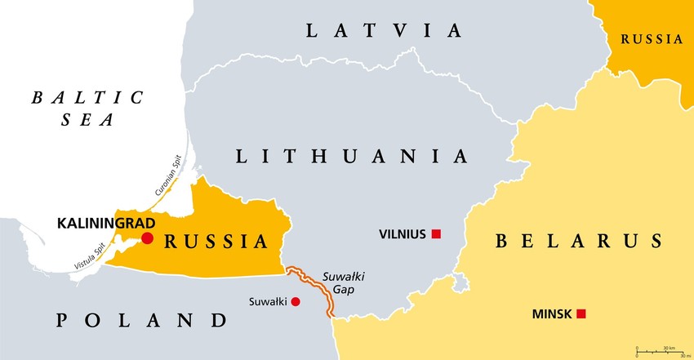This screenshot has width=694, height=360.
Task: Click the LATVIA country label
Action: coord(384,31)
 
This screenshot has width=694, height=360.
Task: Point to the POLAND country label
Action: coord(140,319)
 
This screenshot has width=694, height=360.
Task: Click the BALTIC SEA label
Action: coord(87,109)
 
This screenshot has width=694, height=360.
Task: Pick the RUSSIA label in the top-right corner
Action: coord(651,38)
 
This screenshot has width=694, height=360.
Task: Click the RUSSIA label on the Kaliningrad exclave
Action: coord(216,242)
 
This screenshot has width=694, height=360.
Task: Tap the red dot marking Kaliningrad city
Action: coord(147,238)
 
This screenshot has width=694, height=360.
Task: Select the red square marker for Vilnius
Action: coord(436,234)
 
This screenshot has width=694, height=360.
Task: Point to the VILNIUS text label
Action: coord(403,234)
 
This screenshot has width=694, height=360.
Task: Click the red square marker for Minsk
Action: coord(581,313)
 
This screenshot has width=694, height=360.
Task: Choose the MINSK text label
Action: coord(551,313)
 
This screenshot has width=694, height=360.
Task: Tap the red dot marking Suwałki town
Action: coord(296,302)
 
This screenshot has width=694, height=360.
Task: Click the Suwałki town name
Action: coord(268,302)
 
